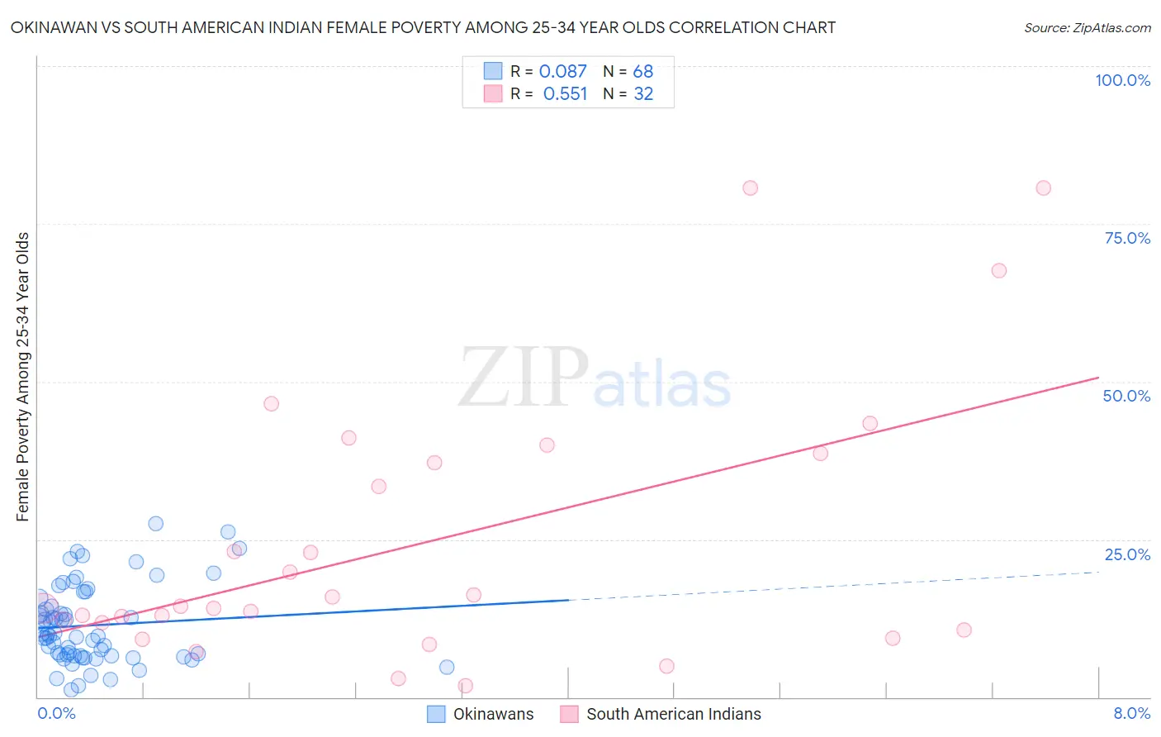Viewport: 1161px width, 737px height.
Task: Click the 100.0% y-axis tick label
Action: [x=1122, y=80]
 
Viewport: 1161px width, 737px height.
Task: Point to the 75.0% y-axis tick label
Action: [x=1127, y=238]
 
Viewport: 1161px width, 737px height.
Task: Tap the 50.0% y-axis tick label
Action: [x=1126, y=396]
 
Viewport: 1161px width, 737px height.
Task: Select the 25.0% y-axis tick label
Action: [x=1127, y=554]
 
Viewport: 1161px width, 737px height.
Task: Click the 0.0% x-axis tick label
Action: [x=56, y=713]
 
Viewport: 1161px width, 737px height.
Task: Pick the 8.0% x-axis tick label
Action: [x=1131, y=713]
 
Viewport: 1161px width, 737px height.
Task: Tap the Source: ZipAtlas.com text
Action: [x=1087, y=27]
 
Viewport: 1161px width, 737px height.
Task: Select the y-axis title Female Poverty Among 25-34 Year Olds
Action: [x=22, y=377]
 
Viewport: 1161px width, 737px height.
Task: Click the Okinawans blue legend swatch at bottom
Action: [x=436, y=714]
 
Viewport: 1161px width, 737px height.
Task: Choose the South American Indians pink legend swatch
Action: [x=569, y=714]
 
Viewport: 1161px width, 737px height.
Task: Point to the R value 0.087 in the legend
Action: [x=562, y=71]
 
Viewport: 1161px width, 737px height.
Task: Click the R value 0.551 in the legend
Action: [x=565, y=94]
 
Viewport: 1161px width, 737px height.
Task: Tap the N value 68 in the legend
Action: [x=642, y=71]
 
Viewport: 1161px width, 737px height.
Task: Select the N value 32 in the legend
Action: [x=642, y=94]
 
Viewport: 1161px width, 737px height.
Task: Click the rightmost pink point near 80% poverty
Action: [x=1043, y=188]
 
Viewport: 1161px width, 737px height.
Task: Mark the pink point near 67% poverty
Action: [x=998, y=270]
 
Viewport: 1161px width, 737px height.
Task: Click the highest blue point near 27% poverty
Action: [x=155, y=523]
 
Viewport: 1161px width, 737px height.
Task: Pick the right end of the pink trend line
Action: [x=1098, y=378]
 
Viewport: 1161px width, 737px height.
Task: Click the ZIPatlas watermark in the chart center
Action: [x=595, y=378]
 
